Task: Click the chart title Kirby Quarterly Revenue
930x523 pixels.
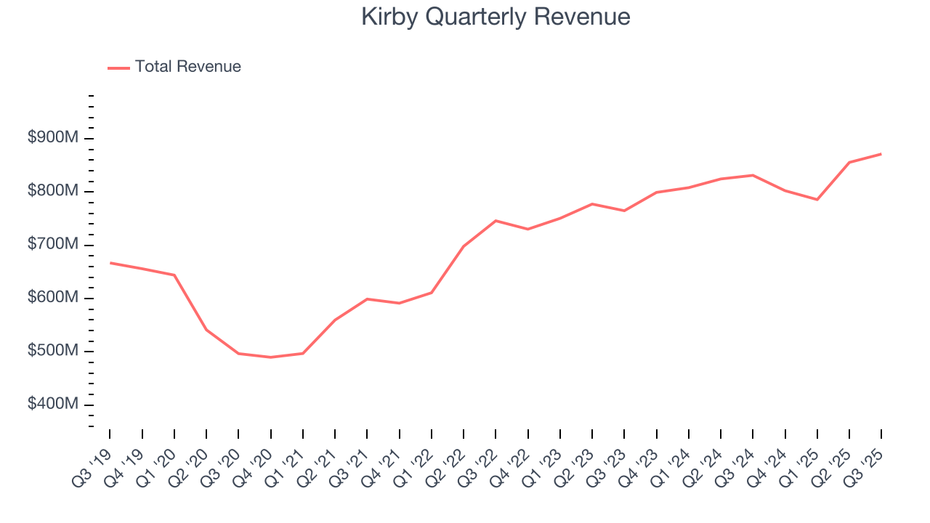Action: point(496,17)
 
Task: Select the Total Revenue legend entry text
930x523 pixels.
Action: point(187,67)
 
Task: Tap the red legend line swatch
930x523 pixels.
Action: point(118,68)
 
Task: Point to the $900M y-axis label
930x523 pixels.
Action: point(52,138)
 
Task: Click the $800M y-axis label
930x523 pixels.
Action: point(52,191)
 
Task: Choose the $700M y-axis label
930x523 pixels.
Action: point(52,245)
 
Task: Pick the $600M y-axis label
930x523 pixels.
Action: point(52,298)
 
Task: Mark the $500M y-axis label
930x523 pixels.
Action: point(52,351)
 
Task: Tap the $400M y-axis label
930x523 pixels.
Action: point(52,405)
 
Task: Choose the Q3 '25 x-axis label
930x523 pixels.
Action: point(866,455)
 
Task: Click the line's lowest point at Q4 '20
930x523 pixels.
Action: point(270,357)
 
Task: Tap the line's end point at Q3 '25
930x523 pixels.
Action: point(881,154)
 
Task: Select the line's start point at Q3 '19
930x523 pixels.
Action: point(110,263)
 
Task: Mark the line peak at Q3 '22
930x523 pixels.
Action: point(496,221)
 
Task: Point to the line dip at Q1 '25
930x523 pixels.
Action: point(817,199)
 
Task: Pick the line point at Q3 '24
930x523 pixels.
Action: point(753,175)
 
